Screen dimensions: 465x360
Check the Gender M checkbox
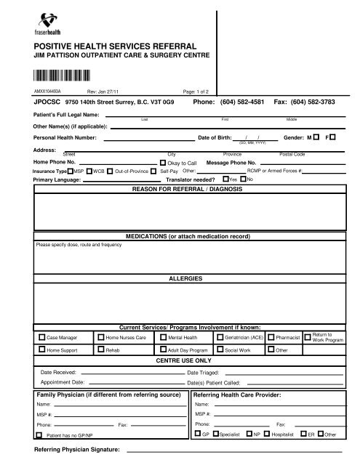(318, 137)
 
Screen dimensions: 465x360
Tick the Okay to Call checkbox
(162, 163)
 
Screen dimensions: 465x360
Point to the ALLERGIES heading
(180, 278)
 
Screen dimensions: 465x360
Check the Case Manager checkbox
(41, 338)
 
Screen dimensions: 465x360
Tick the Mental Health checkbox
(162, 338)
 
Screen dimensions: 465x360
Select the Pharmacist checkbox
(271, 338)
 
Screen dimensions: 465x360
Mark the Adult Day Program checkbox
(162, 349)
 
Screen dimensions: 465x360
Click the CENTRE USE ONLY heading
(180, 360)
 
